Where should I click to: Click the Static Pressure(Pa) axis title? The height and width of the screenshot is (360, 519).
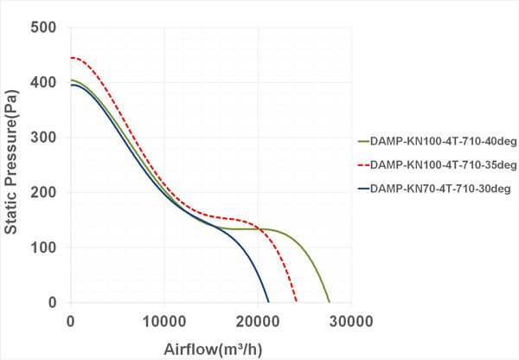[13, 164]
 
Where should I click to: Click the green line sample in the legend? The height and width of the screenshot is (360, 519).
[363, 140]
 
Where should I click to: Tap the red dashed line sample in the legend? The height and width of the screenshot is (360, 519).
[363, 164]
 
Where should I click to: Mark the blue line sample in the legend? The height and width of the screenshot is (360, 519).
[363, 188]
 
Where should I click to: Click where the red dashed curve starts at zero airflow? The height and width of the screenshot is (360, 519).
[71, 58]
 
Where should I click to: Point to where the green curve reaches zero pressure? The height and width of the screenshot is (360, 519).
[330, 302]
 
